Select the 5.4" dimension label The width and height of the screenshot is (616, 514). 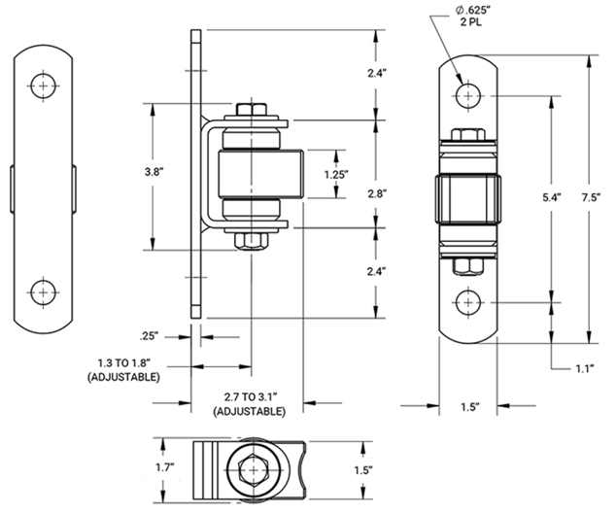[x=551, y=197]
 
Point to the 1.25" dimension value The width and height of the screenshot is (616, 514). [x=336, y=175]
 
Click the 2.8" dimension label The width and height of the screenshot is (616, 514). [x=377, y=194]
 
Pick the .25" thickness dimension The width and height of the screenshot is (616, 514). [x=148, y=337]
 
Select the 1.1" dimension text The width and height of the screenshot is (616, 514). [x=583, y=369]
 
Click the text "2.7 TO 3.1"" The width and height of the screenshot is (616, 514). [x=249, y=396]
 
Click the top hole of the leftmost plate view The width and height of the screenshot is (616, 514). [x=43, y=86]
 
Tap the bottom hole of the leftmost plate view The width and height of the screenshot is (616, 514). [x=43, y=291]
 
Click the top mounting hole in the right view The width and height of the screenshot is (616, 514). [x=468, y=95]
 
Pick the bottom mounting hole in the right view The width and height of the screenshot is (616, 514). [x=468, y=301]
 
